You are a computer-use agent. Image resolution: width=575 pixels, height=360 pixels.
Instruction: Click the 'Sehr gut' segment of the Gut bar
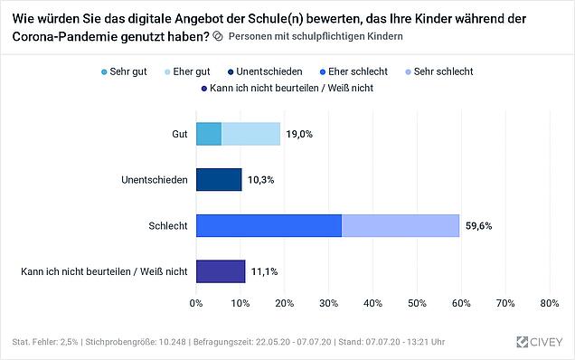coord(209,134)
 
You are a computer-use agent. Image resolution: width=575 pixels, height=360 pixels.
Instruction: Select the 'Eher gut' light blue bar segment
coord(250,134)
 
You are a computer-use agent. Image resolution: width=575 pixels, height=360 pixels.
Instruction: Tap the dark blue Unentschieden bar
coord(219,180)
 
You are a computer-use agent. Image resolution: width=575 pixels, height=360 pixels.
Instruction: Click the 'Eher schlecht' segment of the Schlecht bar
coord(269,226)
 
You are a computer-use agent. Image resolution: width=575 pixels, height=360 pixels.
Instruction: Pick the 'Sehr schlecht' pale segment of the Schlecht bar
coord(401,226)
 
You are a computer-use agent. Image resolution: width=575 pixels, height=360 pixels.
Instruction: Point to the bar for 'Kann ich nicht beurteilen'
coord(221,271)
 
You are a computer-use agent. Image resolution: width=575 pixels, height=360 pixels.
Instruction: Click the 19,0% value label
coord(299,134)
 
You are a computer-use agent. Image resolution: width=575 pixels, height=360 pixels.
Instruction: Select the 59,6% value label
coord(478,226)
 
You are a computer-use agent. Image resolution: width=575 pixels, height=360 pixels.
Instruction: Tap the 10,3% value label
coord(260,180)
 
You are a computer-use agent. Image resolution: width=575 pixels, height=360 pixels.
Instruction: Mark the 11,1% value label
coord(264,271)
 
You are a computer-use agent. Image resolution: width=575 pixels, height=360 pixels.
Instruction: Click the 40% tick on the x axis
coord(373,304)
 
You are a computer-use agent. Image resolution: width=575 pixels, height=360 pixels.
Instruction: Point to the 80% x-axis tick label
coord(550,304)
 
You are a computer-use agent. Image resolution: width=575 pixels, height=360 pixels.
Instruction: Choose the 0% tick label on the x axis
coord(196,304)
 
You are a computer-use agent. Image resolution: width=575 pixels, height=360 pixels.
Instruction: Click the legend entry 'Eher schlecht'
coord(353,71)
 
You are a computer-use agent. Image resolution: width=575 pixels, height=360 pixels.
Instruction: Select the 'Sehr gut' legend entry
coord(124,71)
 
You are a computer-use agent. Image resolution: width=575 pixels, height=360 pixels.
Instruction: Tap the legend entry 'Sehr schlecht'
coord(439,71)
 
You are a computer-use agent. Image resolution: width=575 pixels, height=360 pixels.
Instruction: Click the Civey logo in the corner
coord(539,342)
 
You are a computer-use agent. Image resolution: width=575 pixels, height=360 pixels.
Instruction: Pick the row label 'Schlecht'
coord(168,226)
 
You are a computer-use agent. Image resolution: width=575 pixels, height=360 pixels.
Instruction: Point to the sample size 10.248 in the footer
coord(172,342)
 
